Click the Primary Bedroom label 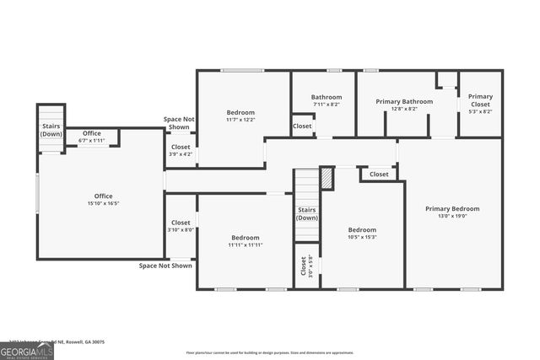coord(452,212)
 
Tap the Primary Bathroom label coord(404,105)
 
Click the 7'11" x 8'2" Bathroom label coord(326,101)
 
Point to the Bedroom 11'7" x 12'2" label coord(240,116)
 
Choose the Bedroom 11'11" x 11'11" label coord(246,241)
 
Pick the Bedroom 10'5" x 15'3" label coord(362,234)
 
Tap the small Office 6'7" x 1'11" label coord(92,137)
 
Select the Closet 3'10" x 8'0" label coord(181,225)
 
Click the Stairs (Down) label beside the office coord(51,130)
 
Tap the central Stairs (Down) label coord(307,213)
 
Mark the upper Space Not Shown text coord(178,123)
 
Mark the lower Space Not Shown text coord(165,266)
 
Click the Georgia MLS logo coord(27,350)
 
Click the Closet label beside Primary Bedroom coord(379,175)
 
